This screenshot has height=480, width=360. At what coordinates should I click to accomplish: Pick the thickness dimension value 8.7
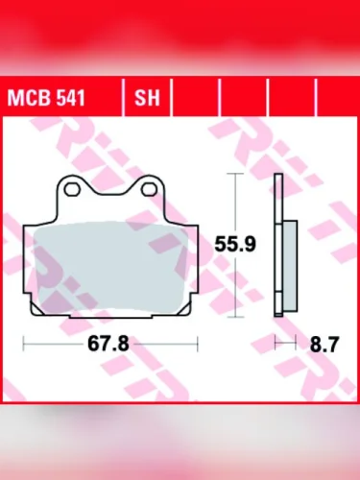coord(318,343)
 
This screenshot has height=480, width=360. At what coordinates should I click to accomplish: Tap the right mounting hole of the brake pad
coord(150,189)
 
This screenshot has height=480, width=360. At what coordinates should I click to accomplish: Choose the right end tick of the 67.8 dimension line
coord(199,343)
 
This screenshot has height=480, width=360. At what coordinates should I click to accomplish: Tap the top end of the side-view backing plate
coord(277,177)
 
